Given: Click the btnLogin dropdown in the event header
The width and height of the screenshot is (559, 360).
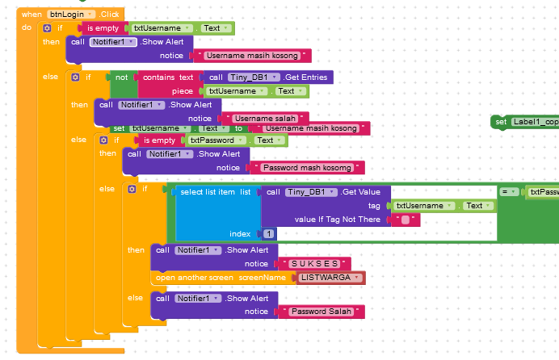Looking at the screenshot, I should coord(73,15).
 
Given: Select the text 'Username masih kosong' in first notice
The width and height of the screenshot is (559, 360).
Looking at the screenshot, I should coord(252,57).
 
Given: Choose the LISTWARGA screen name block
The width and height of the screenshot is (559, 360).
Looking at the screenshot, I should coord(329,278).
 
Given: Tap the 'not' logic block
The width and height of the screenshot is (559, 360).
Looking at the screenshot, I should coord(122,77).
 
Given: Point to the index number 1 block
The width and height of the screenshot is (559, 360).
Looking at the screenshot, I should coord(268,233).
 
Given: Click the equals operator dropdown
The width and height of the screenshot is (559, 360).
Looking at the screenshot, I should coord(509,192).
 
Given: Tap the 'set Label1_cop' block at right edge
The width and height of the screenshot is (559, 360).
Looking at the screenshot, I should coord(525,122).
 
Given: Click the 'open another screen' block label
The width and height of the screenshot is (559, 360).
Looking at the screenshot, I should coord(194,278).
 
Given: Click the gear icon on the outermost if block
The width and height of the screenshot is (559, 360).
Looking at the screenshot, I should coord(46,28).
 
